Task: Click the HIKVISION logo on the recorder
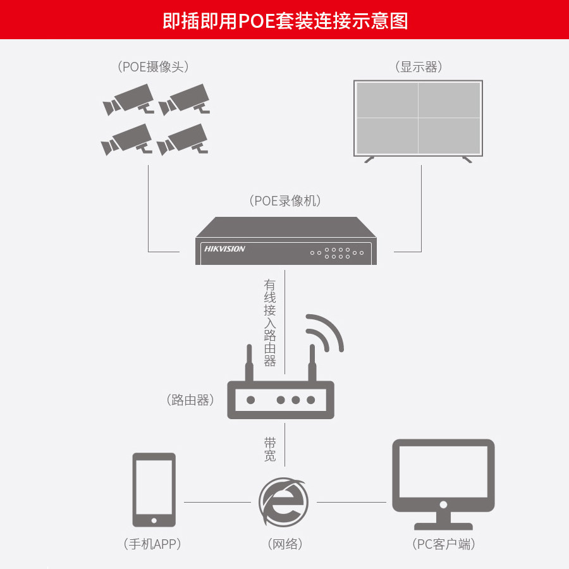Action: click(x=224, y=249)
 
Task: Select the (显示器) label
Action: click(x=419, y=67)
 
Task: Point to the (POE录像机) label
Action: click(x=286, y=201)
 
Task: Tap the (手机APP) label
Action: click(x=154, y=544)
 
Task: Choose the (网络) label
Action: click(x=283, y=544)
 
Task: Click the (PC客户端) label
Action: click(x=443, y=544)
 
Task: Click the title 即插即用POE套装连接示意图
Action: click(x=284, y=20)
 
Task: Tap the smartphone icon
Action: click(x=154, y=489)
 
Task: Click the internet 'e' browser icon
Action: click(x=283, y=501)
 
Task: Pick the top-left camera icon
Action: click(x=129, y=100)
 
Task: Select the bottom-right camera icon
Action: click(x=183, y=139)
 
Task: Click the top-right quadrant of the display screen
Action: click(x=449, y=100)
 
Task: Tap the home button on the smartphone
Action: click(x=154, y=520)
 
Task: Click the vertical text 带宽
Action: click(x=270, y=448)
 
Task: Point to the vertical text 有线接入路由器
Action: click(x=270, y=323)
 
